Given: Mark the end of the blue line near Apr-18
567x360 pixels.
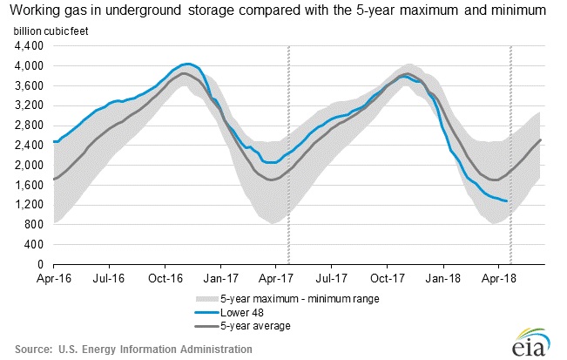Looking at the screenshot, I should pos(508,201).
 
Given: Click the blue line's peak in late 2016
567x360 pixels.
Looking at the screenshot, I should pos(186,64).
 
